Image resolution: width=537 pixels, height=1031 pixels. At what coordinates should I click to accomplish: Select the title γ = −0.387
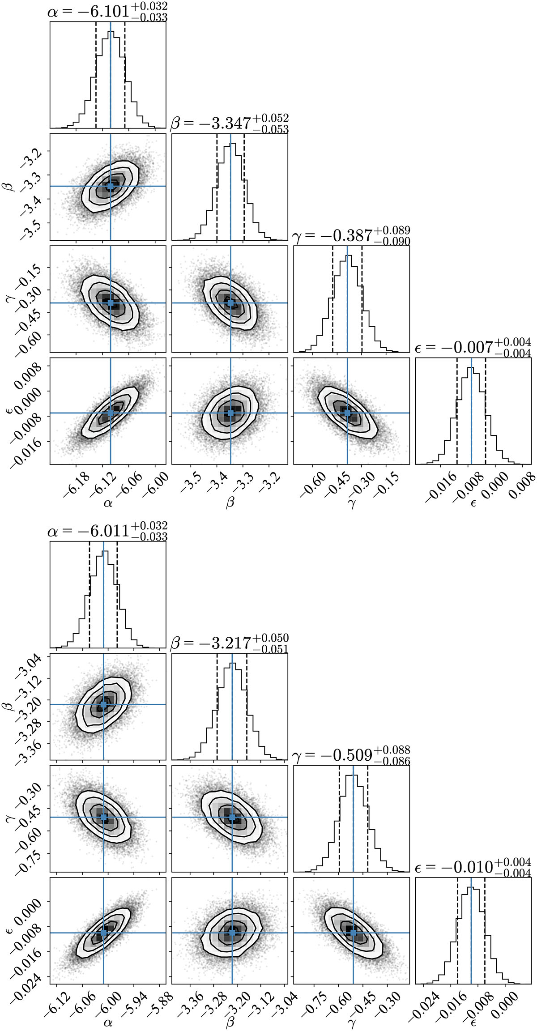[x=351, y=235]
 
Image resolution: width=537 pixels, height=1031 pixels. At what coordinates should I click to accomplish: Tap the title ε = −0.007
[x=473, y=348]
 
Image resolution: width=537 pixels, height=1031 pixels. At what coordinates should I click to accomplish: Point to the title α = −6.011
[x=107, y=531]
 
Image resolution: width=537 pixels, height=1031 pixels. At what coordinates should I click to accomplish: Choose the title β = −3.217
[x=230, y=643]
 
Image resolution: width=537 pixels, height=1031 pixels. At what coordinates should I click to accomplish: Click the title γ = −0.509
[x=351, y=755]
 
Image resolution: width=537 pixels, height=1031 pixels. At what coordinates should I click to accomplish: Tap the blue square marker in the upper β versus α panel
[x=111, y=186]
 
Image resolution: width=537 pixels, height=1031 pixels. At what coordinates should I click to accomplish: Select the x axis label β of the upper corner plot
[x=230, y=503]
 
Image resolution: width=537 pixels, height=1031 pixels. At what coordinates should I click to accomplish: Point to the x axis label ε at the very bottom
[x=473, y=1023]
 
